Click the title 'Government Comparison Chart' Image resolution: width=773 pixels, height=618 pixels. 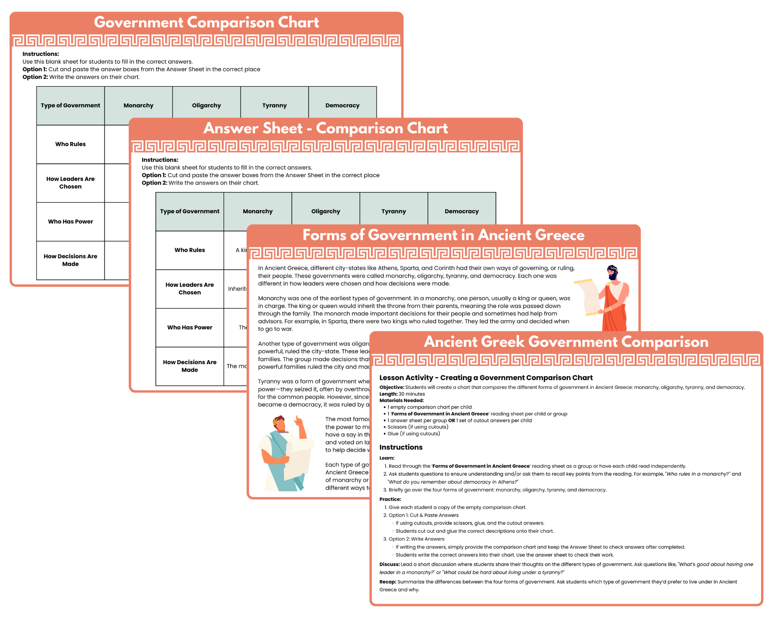(x=206, y=22)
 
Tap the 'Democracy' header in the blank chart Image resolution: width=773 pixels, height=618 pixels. (x=342, y=105)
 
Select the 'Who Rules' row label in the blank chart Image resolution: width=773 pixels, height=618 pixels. (x=70, y=144)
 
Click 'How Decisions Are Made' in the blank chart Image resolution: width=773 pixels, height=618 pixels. (x=70, y=260)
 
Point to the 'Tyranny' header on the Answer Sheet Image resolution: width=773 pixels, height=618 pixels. (x=393, y=211)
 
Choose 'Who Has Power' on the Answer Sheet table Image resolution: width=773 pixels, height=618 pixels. (x=189, y=327)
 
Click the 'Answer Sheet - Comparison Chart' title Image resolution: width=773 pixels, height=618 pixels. (x=325, y=128)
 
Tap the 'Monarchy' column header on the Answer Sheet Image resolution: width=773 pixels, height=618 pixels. (x=257, y=211)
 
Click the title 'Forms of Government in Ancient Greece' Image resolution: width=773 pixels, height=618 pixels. (x=443, y=235)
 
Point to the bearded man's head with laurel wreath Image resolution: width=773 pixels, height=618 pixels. (x=612, y=272)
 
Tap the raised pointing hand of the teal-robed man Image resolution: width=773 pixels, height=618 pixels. (x=298, y=421)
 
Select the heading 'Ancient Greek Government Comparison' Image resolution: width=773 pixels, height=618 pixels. (x=566, y=342)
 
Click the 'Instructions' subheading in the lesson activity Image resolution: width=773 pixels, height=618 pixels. (x=401, y=447)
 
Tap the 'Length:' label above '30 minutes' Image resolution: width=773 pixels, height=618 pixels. (x=388, y=394)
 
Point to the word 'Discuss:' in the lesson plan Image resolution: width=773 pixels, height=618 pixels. (x=389, y=564)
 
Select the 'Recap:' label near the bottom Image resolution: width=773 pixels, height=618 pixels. (x=388, y=582)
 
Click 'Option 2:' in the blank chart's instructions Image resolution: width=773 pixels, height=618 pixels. (x=35, y=77)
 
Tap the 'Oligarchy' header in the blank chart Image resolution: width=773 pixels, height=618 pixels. (x=206, y=105)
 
